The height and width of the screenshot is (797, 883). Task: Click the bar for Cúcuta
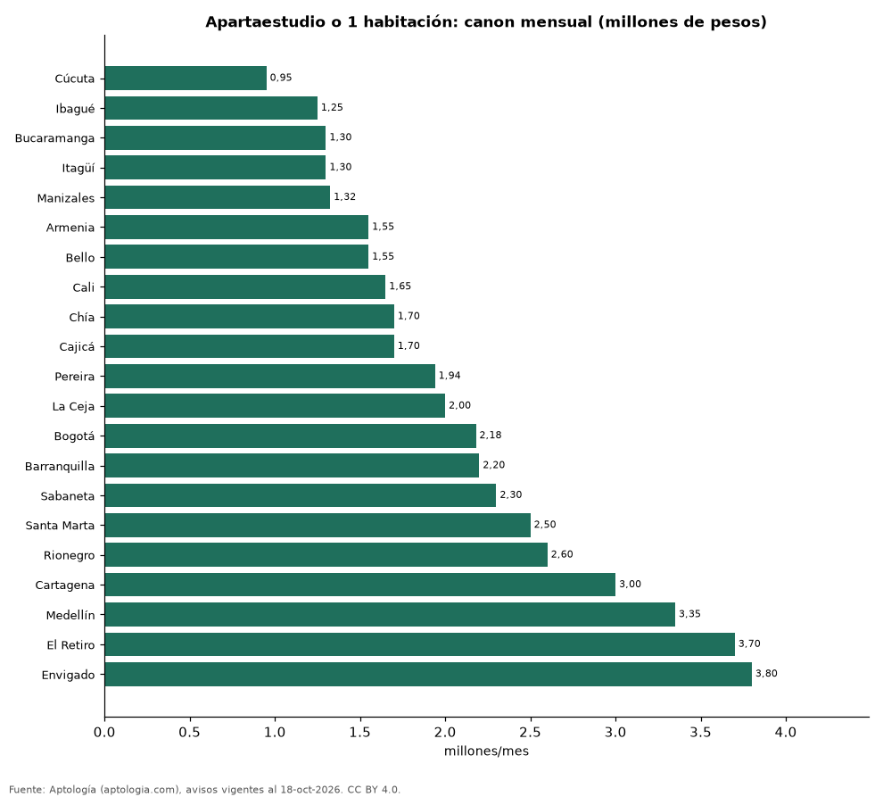click(186, 78)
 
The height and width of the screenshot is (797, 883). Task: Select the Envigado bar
click(428, 674)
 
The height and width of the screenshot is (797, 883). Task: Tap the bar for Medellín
click(391, 614)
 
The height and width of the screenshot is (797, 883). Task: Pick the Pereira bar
click(270, 376)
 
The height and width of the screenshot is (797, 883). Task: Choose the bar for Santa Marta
click(318, 525)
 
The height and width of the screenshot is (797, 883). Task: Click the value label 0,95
click(281, 78)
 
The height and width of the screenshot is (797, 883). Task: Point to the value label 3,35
click(689, 614)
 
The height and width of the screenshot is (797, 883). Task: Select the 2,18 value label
click(491, 436)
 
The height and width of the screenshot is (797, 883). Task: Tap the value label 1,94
click(450, 376)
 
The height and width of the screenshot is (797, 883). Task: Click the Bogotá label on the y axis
click(74, 436)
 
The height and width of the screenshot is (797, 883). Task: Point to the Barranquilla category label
click(60, 467)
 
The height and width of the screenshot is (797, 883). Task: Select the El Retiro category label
click(71, 644)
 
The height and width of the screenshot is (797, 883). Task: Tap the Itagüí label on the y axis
click(78, 168)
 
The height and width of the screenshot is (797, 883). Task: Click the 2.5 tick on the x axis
click(531, 732)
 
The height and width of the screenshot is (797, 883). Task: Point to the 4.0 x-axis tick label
click(786, 732)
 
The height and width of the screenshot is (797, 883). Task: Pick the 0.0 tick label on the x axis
click(104, 732)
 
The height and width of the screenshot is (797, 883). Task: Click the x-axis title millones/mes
click(487, 751)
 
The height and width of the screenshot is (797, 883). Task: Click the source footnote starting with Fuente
click(205, 790)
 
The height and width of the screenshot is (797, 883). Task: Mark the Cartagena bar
click(360, 585)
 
